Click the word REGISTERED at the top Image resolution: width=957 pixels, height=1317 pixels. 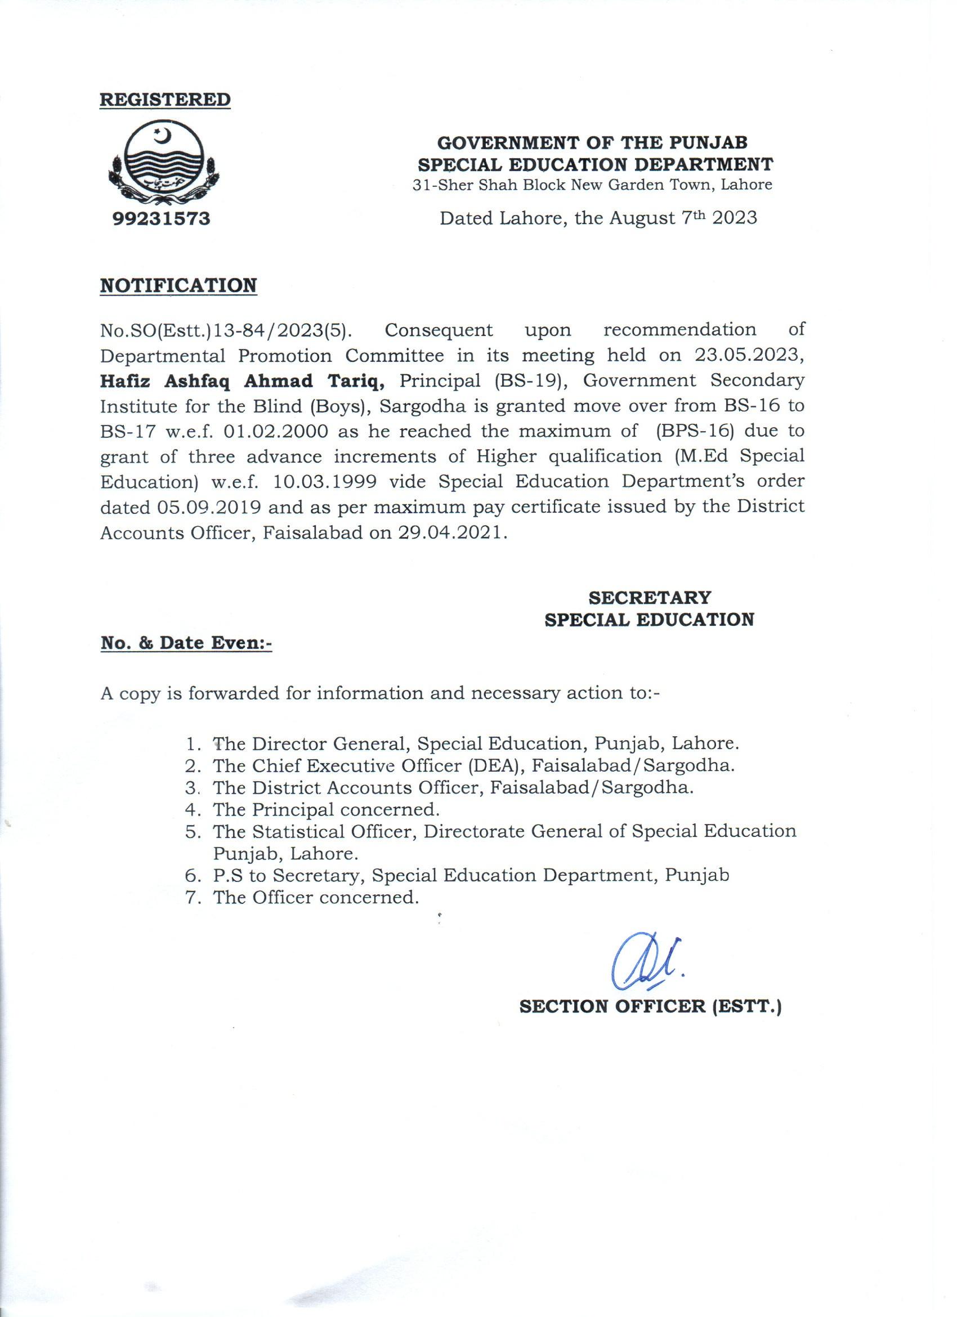coord(166,99)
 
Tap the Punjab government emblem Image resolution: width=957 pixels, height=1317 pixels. coord(161,165)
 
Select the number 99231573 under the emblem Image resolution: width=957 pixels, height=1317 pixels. coord(161,219)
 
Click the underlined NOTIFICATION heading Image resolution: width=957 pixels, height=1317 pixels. coord(178,286)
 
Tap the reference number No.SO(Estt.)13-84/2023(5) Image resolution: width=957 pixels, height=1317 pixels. coord(226,330)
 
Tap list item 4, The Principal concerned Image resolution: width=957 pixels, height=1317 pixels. coord(325,809)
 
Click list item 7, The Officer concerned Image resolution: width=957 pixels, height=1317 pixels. coord(316,898)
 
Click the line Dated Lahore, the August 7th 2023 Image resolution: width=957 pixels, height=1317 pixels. coord(598,218)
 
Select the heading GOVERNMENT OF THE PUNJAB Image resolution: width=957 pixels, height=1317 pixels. coord(592,142)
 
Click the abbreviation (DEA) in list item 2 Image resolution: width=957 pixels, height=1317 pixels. coord(493,765)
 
